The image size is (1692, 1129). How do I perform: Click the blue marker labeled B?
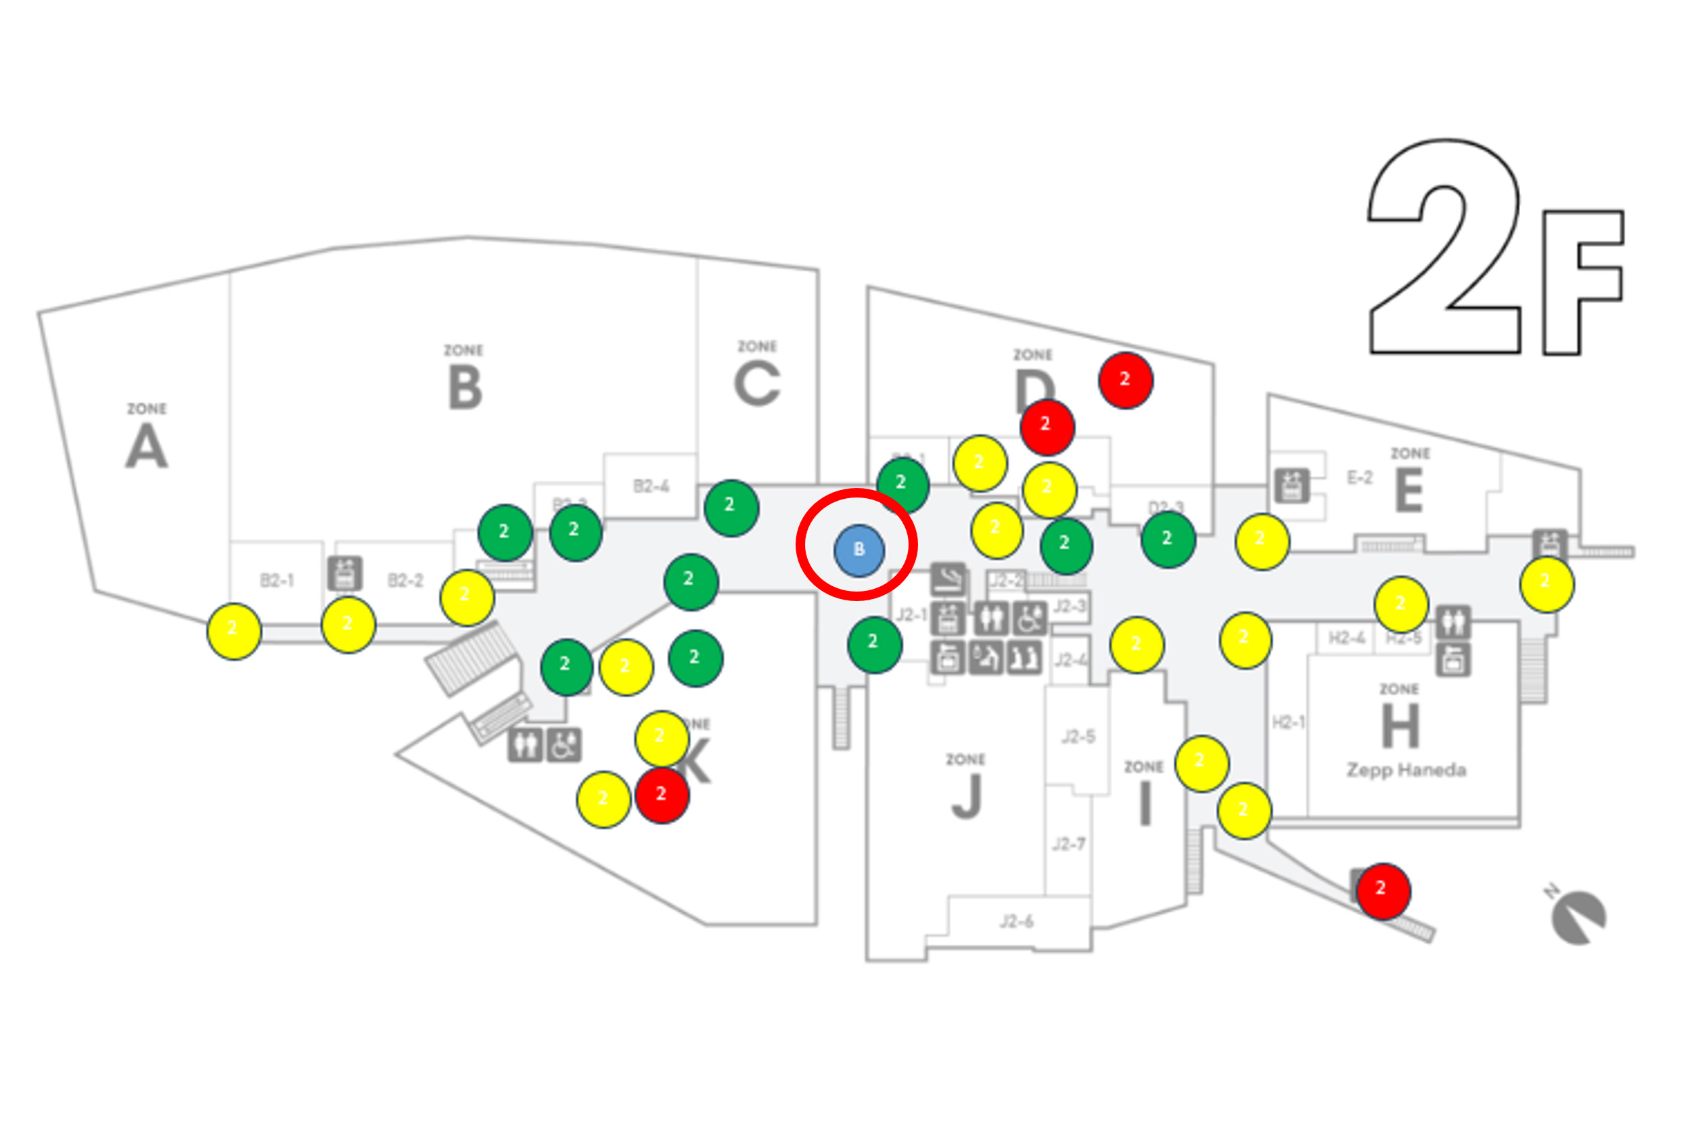[859, 550]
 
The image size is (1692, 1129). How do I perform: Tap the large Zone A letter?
[147, 447]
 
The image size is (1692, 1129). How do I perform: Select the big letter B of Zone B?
[465, 387]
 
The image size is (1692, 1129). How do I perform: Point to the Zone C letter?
[756, 384]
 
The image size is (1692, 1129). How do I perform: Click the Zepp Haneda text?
[1406, 770]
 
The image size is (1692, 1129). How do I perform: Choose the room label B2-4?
[651, 487]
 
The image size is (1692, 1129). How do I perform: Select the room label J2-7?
[1068, 844]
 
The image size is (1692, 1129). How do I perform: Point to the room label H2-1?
[1287, 722]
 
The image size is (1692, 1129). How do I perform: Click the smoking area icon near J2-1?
[948, 578]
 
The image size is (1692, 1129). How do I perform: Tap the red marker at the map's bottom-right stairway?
[1383, 891]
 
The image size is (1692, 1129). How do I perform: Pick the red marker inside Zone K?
[662, 795]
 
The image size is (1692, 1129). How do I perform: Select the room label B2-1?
[277, 580]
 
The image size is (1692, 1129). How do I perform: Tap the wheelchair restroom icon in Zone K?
[564, 745]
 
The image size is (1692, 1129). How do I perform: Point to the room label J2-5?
[1078, 736]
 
